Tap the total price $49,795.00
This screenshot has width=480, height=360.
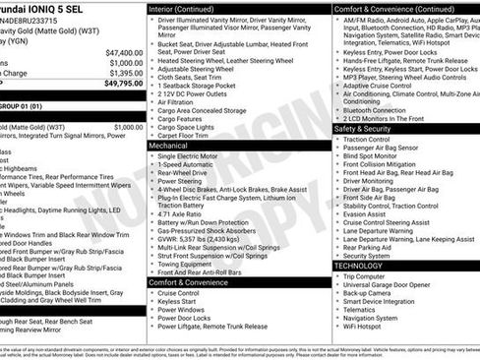(124, 84)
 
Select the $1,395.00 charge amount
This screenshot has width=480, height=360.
(126, 73)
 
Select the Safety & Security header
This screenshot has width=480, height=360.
(362, 128)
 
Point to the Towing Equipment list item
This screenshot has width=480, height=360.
(187, 263)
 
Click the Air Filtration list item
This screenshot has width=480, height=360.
(176, 101)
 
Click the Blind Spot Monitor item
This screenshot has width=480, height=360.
(370, 155)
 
